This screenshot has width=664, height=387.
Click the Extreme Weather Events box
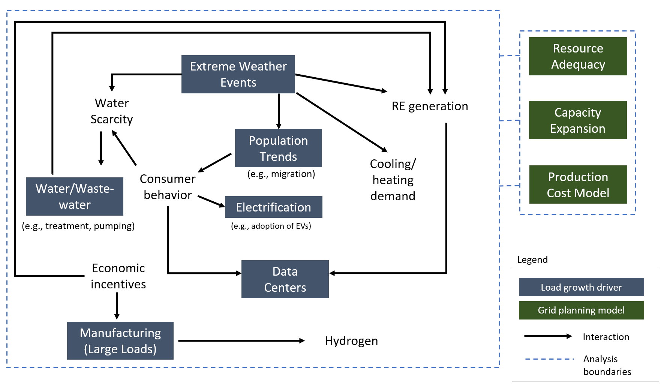click(238, 74)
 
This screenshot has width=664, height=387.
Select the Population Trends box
click(278, 148)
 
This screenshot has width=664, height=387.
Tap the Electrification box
click(273, 207)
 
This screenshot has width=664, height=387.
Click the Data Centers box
click(285, 279)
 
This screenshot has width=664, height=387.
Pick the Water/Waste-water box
click(75, 196)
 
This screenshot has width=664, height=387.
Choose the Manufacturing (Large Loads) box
click(120, 340)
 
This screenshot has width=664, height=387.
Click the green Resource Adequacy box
click(578, 56)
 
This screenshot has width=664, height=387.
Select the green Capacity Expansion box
click(578, 120)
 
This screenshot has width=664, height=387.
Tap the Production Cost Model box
click(578, 184)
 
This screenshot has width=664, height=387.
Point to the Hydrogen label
click(351, 341)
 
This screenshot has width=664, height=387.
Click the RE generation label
click(430, 106)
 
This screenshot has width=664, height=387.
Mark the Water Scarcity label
click(112, 111)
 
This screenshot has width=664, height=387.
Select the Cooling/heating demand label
click(393, 180)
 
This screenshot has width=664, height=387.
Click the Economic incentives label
click(118, 276)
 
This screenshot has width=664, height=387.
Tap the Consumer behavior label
click(168, 187)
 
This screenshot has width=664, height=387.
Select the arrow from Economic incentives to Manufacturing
click(117, 305)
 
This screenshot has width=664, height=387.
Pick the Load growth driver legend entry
click(581, 287)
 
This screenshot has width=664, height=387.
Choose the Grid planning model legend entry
click(581, 310)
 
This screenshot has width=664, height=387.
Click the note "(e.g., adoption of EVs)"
click(271, 226)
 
